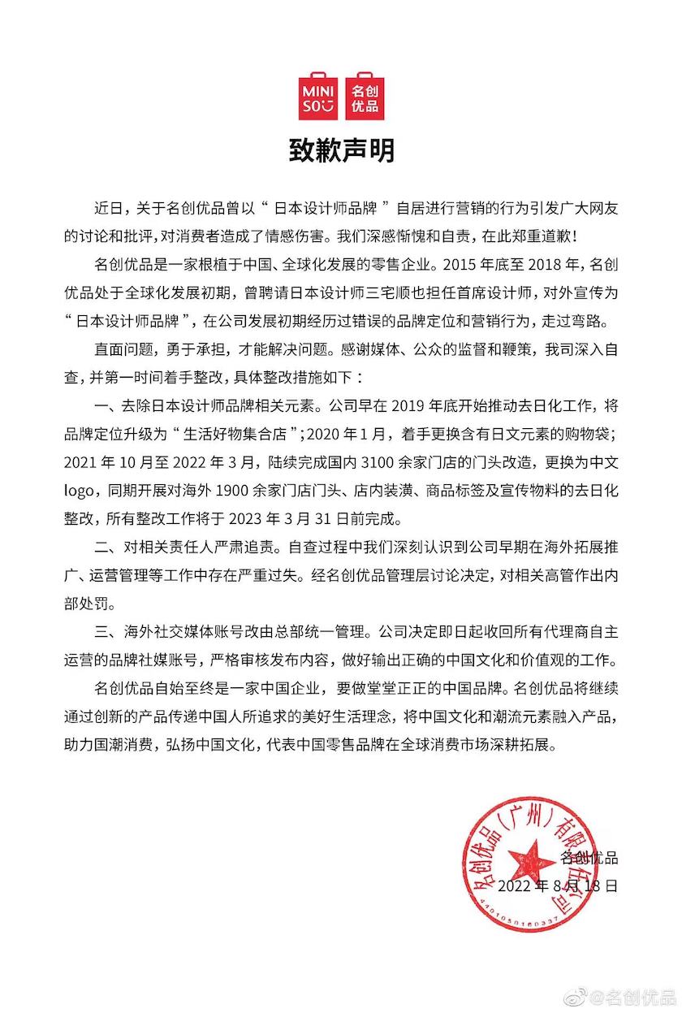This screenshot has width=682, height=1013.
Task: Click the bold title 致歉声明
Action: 341,151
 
